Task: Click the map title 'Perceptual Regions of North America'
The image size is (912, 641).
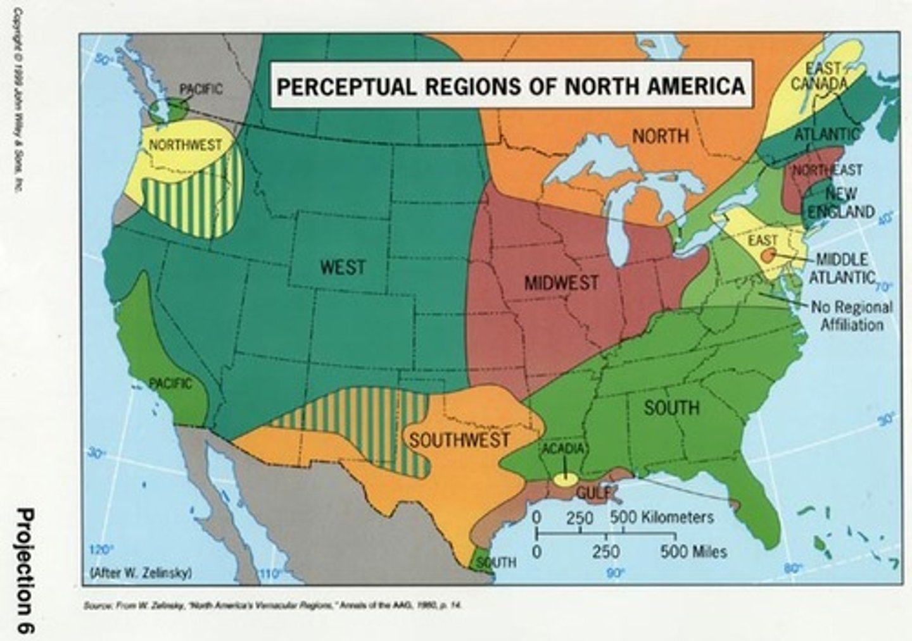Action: [510, 85]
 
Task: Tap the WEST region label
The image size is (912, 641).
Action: [343, 267]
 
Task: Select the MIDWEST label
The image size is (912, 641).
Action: [561, 283]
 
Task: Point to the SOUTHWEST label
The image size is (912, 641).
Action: [459, 439]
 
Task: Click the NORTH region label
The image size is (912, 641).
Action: [661, 135]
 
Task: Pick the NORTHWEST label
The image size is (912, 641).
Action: [186, 145]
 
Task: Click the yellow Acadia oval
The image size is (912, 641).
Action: [565, 479]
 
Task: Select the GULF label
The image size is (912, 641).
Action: [594, 492]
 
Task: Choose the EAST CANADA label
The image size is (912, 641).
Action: [826, 76]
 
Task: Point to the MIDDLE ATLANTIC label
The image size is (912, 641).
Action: [842, 268]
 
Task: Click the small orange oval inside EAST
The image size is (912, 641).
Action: [768, 255]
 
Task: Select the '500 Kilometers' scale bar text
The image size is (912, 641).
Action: [662, 517]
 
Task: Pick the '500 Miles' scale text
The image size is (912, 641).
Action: [693, 552]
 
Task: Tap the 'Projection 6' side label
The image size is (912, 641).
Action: [26, 569]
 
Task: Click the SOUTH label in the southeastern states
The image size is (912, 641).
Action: [671, 408]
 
